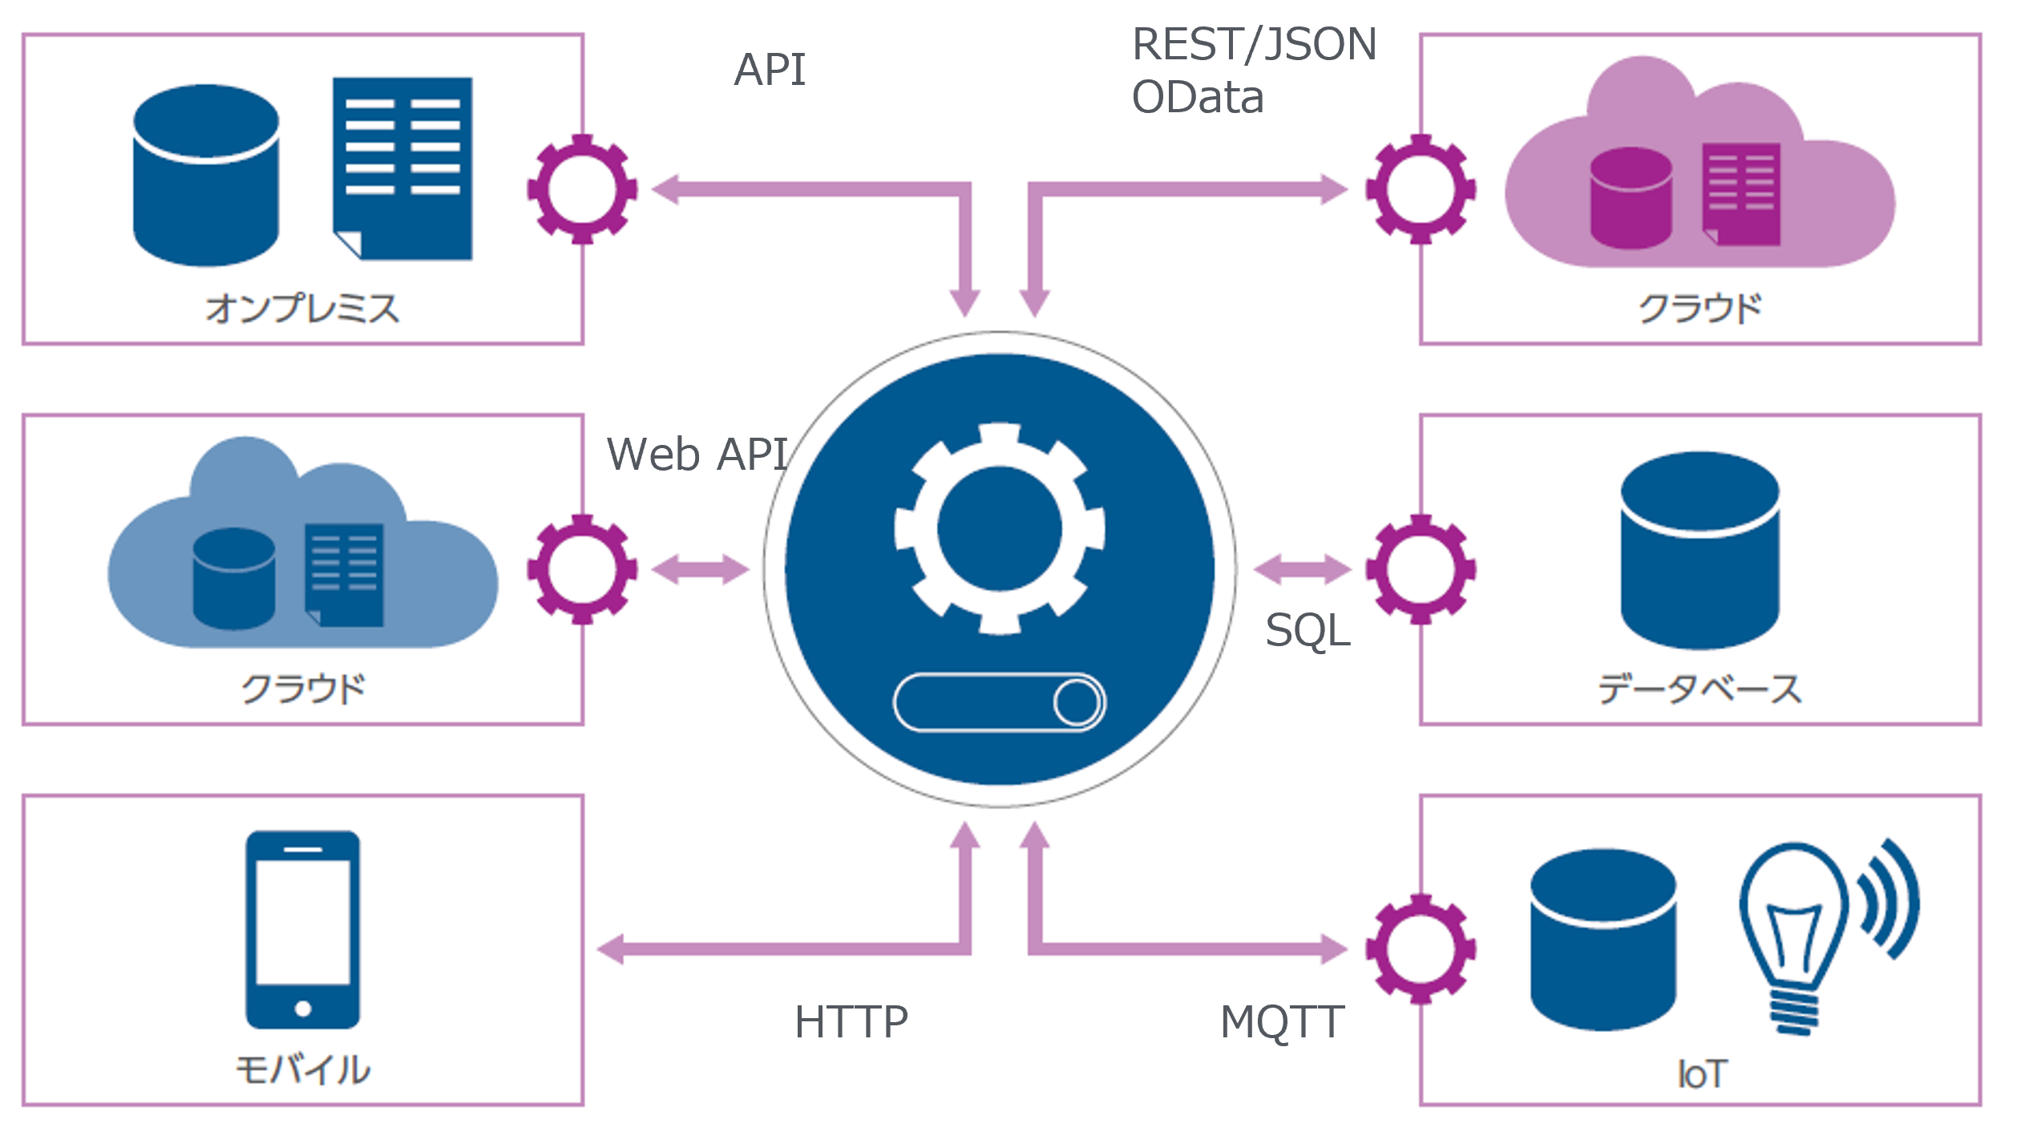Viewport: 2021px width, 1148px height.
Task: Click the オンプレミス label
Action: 302,309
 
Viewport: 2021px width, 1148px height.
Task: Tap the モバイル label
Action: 302,1069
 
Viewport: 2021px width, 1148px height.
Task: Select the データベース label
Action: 1700,689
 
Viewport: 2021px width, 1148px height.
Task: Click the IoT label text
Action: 1701,1073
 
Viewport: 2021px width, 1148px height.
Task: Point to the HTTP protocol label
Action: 851,1022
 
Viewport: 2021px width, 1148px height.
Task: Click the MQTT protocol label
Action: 1282,1022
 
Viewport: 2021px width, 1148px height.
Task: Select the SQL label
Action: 1308,630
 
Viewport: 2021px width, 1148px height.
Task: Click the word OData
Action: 1198,98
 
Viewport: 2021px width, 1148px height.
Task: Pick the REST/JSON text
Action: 1255,44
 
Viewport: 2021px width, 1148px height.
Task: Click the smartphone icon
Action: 302,929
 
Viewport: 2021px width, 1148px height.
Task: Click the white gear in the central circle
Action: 1000,529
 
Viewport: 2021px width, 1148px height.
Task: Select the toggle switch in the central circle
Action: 1000,702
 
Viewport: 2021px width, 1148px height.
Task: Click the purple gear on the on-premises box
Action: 583,189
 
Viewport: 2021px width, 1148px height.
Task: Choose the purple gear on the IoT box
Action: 1421,949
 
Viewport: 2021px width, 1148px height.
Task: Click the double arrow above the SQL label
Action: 1302,570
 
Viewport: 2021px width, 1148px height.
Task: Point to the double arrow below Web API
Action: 700,570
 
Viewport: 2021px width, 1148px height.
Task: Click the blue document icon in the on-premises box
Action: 402,168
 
